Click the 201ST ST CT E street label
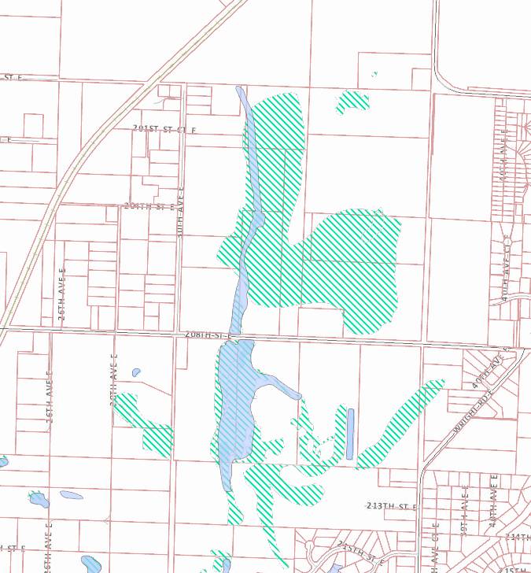pyautogui.click(x=164, y=128)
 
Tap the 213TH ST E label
pyautogui.click(x=391, y=505)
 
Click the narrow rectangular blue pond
pyautogui.click(x=350, y=434)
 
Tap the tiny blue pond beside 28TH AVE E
pyautogui.click(x=136, y=372)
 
